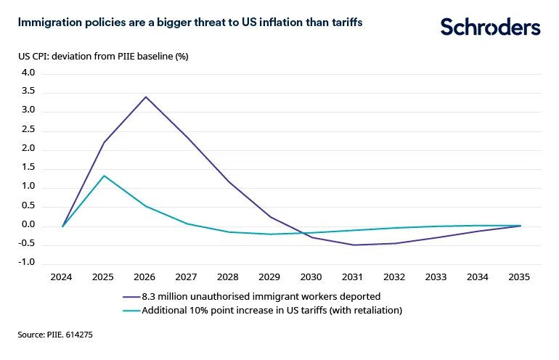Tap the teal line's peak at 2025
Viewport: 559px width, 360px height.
tap(105, 176)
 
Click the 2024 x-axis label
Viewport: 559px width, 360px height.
tap(63, 277)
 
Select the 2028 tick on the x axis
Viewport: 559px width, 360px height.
tap(229, 277)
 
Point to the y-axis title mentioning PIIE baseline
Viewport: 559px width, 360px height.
tap(103, 57)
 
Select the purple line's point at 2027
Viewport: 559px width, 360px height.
tap(188, 136)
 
